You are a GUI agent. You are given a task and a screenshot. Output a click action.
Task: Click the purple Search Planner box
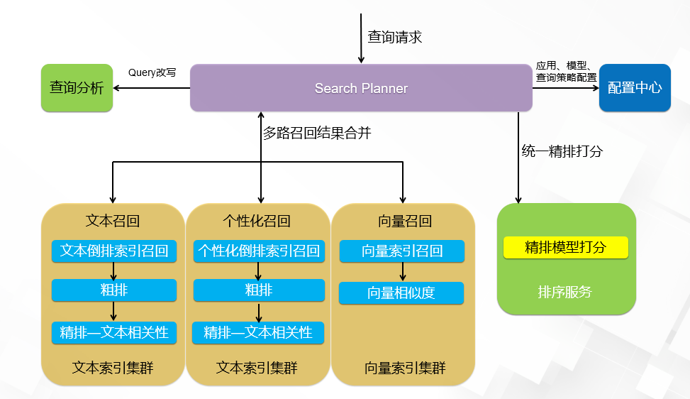[x=361, y=88]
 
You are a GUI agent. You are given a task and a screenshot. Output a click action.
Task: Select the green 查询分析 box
[x=77, y=88]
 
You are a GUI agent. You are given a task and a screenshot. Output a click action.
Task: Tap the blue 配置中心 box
[x=635, y=88]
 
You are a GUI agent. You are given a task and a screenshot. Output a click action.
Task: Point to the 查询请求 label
[x=394, y=37]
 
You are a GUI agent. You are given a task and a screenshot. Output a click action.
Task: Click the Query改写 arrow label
[x=152, y=72]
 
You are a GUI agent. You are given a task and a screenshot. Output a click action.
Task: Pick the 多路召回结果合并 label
[x=317, y=133]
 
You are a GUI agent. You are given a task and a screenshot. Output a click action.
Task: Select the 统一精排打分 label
[x=562, y=151]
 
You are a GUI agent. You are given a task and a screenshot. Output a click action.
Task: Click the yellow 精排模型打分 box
[x=565, y=247]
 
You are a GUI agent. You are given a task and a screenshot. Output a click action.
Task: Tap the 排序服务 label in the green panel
[x=565, y=292]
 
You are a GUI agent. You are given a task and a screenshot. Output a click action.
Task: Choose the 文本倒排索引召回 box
[x=113, y=251]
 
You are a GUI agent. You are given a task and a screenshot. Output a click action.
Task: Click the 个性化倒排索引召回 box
[x=259, y=251]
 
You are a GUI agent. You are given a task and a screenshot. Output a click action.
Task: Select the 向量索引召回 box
[x=402, y=251]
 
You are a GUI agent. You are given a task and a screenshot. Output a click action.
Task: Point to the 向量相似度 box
[x=401, y=293]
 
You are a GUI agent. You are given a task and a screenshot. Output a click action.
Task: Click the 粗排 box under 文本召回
[x=113, y=290]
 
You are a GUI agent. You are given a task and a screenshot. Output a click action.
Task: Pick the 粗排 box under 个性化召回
[x=259, y=290]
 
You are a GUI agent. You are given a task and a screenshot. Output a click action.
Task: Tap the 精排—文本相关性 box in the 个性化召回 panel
[x=259, y=332]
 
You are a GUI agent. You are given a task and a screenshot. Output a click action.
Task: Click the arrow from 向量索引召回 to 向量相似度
[x=403, y=272]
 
